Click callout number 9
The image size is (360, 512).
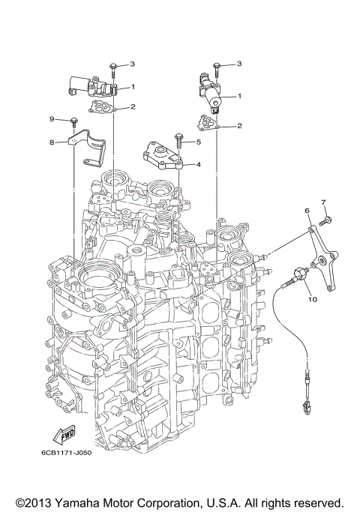click(52, 119)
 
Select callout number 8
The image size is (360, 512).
click(52, 141)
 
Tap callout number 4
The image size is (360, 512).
click(198, 163)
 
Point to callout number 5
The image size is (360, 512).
click(198, 141)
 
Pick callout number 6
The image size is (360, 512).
click(307, 213)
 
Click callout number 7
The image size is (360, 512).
click(325, 202)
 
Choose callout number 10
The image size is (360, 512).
click(312, 298)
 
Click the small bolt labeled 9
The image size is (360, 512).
click(75, 121)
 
